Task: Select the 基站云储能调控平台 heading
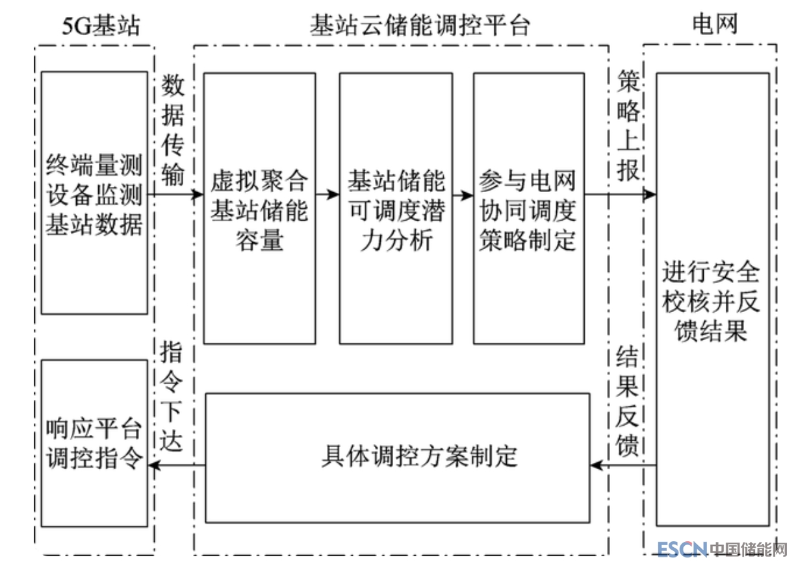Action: point(420,25)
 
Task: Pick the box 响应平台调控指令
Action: point(94,443)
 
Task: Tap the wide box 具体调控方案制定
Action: point(398,457)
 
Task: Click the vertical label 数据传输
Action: point(173,130)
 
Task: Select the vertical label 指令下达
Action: point(173,396)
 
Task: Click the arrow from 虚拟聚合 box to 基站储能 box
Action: point(327,194)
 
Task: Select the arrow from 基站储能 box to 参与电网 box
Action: point(463,194)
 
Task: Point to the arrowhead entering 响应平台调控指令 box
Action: point(154,465)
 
